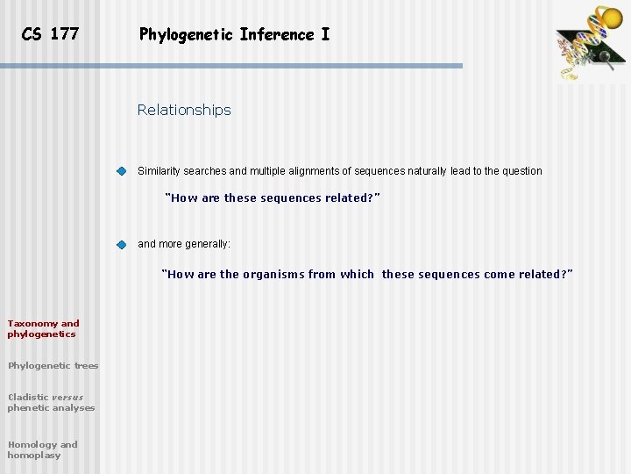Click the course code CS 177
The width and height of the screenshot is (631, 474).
(x=50, y=34)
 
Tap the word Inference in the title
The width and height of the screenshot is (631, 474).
(x=280, y=35)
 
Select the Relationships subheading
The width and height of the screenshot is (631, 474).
(x=184, y=110)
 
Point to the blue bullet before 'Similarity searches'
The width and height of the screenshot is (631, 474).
(x=122, y=171)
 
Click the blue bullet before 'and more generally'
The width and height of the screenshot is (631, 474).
(x=122, y=244)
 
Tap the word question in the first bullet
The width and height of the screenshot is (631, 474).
(x=521, y=171)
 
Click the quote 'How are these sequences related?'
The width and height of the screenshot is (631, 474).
(x=273, y=198)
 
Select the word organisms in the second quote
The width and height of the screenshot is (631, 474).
(x=273, y=275)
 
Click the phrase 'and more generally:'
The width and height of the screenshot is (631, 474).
(x=184, y=244)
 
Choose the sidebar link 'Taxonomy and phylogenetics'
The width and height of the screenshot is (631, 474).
(x=43, y=328)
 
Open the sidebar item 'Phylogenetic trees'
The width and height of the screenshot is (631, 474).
(x=53, y=365)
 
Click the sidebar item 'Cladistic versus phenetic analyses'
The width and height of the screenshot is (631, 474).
(x=51, y=402)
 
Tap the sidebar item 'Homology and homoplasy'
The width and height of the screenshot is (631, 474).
(x=42, y=449)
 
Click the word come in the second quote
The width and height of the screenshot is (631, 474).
(x=500, y=275)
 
